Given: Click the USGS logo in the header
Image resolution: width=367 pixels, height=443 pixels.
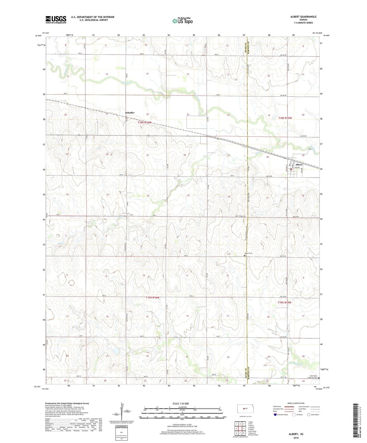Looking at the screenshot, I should click(56, 20).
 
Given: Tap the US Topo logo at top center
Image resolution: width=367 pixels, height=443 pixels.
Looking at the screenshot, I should click(182, 21).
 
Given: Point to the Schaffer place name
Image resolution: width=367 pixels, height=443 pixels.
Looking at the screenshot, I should click(130, 113).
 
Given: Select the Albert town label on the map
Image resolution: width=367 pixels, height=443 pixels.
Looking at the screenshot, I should click(299, 165).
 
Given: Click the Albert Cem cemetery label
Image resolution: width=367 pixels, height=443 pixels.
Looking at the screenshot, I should click(248, 253).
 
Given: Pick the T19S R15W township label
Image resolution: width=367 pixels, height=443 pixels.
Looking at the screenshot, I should click(284, 302).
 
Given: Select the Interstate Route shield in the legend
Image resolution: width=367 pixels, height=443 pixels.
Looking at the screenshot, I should click(276, 415).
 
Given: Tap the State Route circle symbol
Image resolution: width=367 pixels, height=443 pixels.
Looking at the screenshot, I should click(309, 415).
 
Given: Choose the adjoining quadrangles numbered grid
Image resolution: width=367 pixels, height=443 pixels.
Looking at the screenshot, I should click(240, 429).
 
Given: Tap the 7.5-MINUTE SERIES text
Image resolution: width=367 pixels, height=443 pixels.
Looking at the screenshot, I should click(303, 23).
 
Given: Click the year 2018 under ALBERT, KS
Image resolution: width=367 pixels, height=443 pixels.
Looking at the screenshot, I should click(296, 438).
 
